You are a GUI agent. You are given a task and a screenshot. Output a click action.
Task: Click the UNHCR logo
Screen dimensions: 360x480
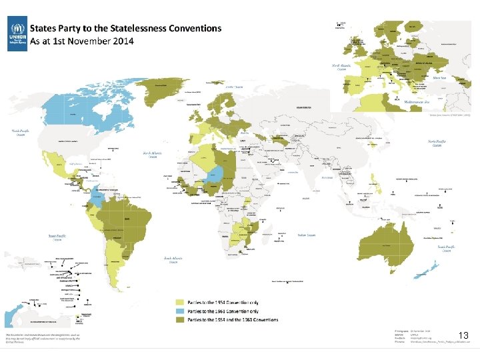(x=17, y=35)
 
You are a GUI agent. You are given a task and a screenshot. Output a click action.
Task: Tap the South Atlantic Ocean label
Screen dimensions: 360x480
(x=172, y=260)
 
